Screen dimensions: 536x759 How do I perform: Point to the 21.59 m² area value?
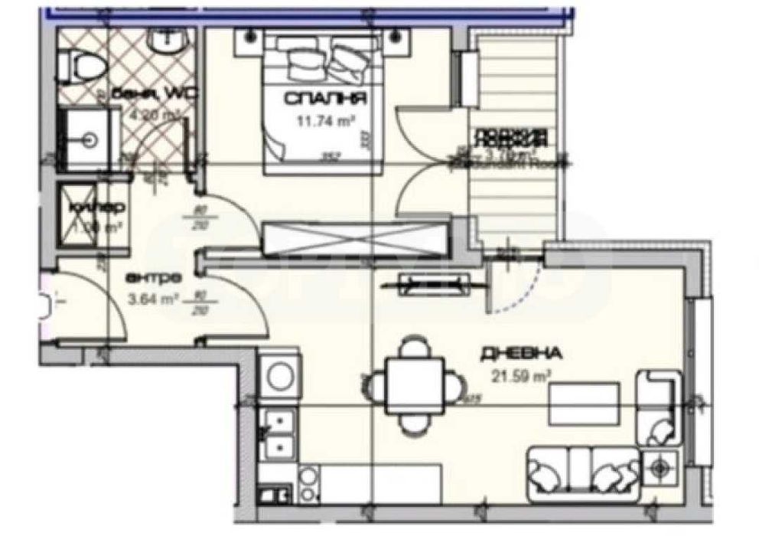[x=521, y=375]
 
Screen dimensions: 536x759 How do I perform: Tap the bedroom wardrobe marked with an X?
[x=353, y=237]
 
